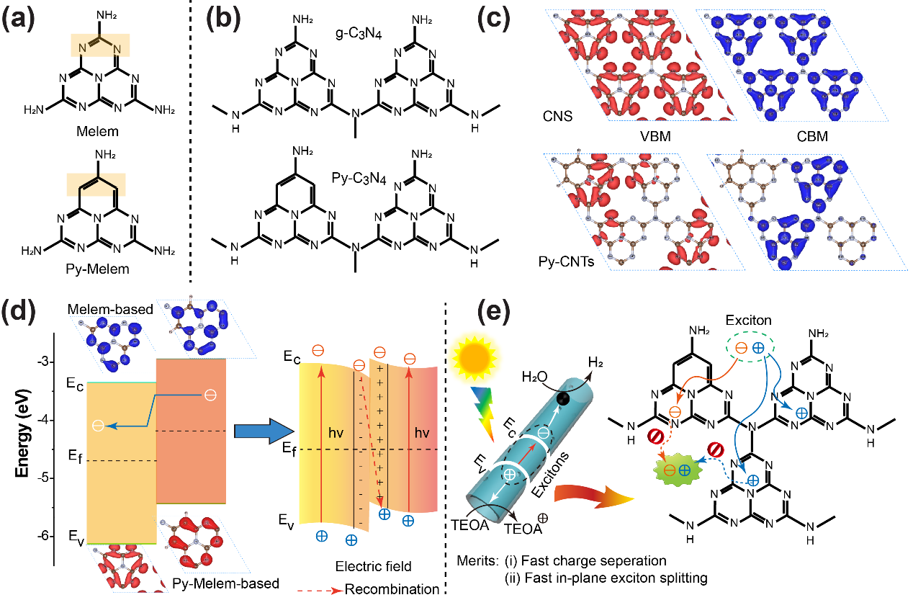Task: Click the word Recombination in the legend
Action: coord(392,589)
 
